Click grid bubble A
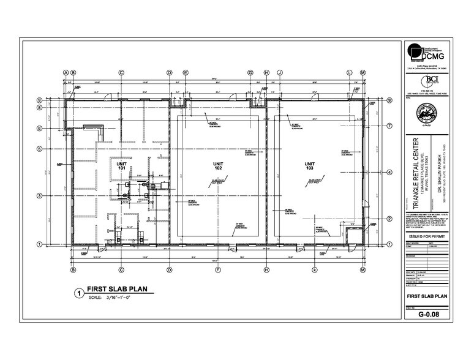(x=66, y=72)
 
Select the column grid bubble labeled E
(x=186, y=72)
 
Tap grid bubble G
(x=250, y=72)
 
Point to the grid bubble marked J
(x=280, y=72)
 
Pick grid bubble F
(x=218, y=269)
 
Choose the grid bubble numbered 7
(x=389, y=126)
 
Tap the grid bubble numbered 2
(x=389, y=219)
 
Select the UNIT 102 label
(x=219, y=166)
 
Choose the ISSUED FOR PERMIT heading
(x=426, y=236)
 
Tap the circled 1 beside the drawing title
(x=78, y=293)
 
